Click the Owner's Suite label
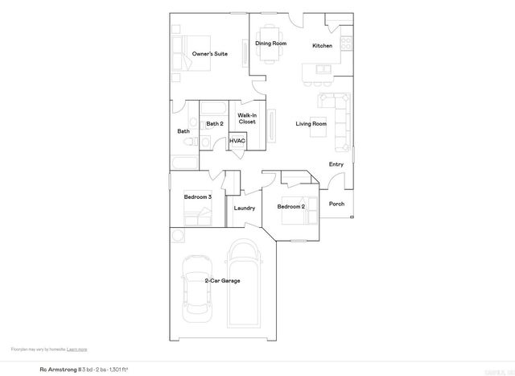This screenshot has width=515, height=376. click(209, 54)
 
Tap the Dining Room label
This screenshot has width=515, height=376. click(271, 43)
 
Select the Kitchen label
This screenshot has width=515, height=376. click(322, 46)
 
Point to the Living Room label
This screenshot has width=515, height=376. click(311, 123)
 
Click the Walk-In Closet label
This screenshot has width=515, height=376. click(247, 118)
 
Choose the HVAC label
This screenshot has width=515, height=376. click(237, 142)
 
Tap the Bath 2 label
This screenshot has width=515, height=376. click(214, 123)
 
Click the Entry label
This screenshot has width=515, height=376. click(336, 164)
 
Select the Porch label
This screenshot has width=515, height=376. click(337, 204)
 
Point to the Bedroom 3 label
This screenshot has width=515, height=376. click(197, 196)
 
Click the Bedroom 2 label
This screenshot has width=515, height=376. click(291, 206)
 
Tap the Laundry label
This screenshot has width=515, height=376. click(244, 209)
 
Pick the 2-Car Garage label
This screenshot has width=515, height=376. click(221, 280)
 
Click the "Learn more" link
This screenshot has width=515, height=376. click(77, 349)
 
